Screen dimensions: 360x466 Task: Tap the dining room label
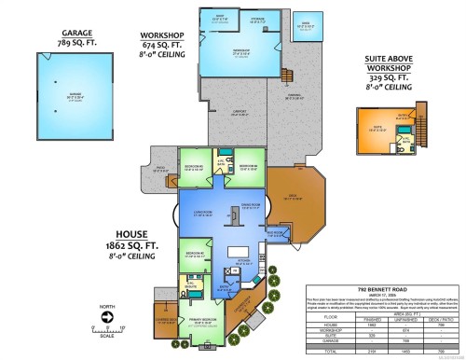pos(249,206)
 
